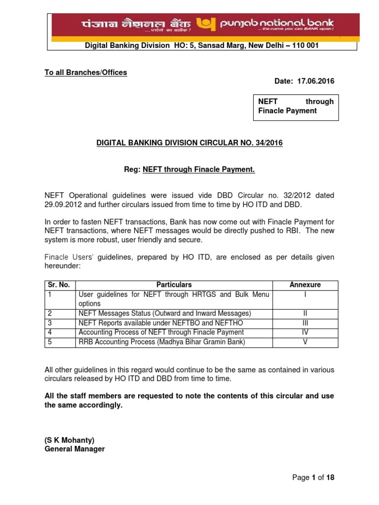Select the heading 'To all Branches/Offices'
86,72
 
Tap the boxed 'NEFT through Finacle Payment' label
296,106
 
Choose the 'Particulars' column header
174,285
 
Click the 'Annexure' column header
305,285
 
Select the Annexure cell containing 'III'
305,323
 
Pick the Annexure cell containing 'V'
305,342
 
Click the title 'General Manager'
75,449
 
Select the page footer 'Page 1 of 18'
313,477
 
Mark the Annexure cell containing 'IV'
305,332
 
